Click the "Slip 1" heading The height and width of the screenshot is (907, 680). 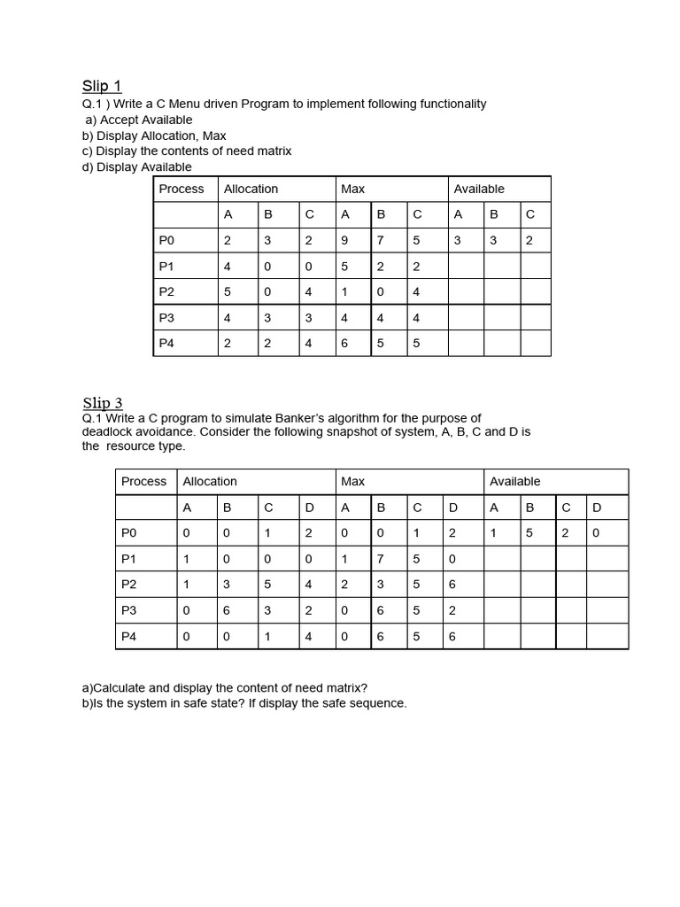tap(102, 86)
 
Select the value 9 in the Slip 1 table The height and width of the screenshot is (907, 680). tap(345, 240)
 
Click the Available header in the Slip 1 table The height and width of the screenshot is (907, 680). tap(479, 189)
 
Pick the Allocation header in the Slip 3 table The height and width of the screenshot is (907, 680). tap(210, 481)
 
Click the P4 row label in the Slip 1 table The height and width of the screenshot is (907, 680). tap(167, 343)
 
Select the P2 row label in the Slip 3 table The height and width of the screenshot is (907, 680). tap(129, 585)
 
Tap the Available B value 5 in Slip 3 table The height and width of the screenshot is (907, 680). tap(530, 533)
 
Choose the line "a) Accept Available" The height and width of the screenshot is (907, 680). tap(138, 120)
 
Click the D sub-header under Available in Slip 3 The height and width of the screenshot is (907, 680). tap(597, 508)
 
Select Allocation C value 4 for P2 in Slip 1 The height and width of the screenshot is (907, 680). tap(309, 291)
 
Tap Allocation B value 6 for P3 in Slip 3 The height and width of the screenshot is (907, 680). tap(227, 610)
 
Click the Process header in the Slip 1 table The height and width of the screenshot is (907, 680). tap(182, 189)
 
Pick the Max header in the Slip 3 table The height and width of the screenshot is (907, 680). tap(353, 481)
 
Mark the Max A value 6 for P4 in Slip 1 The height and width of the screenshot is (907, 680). tap(345, 343)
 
